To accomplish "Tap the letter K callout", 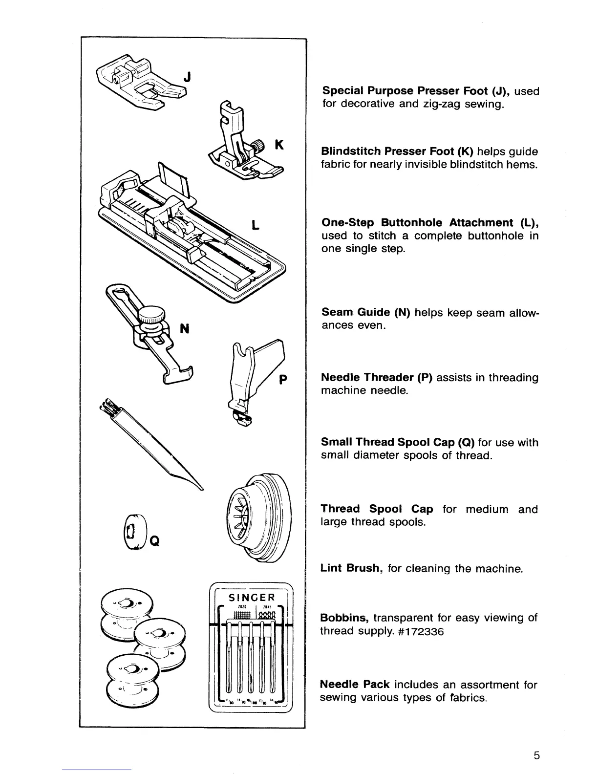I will [x=279, y=145].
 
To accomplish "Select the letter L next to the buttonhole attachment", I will [x=255, y=226].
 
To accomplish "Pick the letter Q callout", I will [x=154, y=540].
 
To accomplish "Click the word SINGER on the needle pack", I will [x=252, y=597].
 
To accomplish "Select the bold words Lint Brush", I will [x=350, y=568].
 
